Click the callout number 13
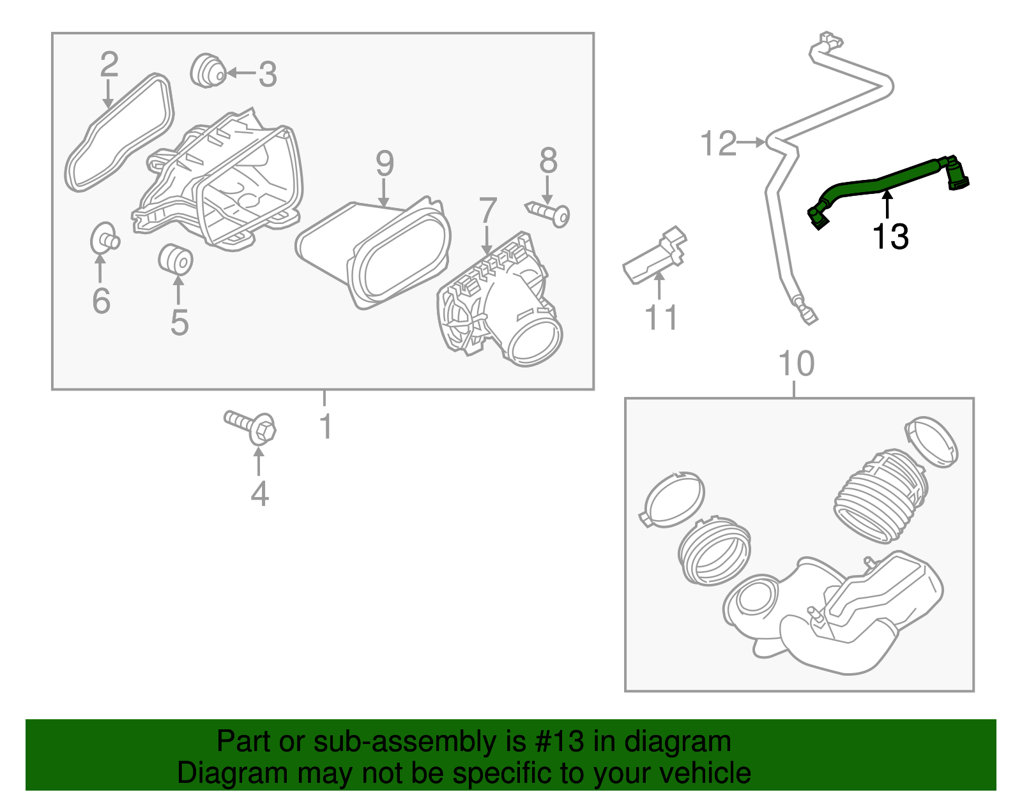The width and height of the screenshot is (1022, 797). (890, 237)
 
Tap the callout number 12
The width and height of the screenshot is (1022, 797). (719, 144)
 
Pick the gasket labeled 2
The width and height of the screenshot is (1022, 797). (119, 133)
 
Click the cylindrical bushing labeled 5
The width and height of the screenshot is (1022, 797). (175, 259)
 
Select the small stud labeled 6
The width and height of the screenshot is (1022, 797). (104, 240)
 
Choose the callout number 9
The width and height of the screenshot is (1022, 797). (384, 163)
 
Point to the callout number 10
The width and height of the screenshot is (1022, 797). (796, 364)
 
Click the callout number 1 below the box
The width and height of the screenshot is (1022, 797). (326, 426)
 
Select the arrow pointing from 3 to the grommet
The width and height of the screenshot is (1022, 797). (240, 73)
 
